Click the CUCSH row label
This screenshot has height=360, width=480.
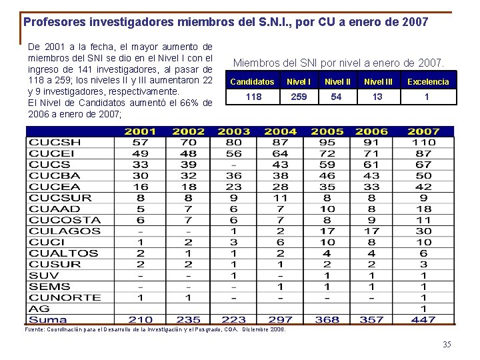pyautogui.click(x=55, y=142)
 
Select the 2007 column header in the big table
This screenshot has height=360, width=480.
pyautogui.click(x=423, y=131)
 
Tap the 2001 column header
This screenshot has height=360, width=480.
pyautogui.click(x=140, y=131)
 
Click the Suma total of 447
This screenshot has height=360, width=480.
pyautogui.click(x=423, y=320)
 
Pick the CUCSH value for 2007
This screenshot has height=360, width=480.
pyautogui.click(x=423, y=142)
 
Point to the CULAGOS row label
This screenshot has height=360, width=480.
pyautogui.click(x=65, y=231)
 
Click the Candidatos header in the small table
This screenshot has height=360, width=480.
pyautogui.click(x=252, y=81)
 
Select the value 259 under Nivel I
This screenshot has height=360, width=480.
pyautogui.click(x=299, y=97)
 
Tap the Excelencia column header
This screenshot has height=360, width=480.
pyautogui.click(x=428, y=81)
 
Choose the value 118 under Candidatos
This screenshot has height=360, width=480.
pyautogui.click(x=253, y=97)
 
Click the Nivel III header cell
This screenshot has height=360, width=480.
pyautogui.click(x=378, y=81)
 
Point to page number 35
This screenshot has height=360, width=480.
pyautogui.click(x=447, y=345)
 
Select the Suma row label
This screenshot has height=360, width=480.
pyautogui.click(x=48, y=320)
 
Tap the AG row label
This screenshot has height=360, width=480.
pyautogui.click(x=39, y=309)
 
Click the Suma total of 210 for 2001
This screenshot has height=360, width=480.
pyautogui.click(x=140, y=320)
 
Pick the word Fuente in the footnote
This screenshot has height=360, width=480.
pyautogui.click(x=33, y=329)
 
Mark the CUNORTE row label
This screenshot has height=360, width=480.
pyautogui.click(x=65, y=297)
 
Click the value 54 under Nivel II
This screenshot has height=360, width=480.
pyautogui.click(x=337, y=97)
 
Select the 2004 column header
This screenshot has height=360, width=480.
pyautogui.click(x=280, y=131)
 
